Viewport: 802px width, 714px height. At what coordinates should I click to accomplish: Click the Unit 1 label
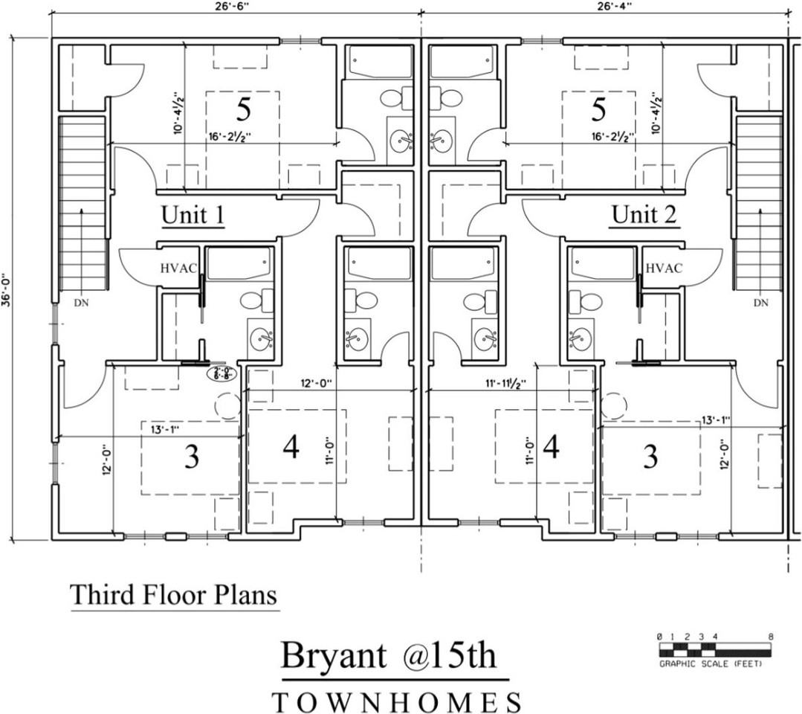click(193, 215)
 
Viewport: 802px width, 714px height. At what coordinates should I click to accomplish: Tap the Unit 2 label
click(644, 215)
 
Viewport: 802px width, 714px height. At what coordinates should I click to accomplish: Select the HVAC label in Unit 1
click(178, 268)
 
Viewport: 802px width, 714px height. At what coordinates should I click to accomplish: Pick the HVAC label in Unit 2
click(664, 268)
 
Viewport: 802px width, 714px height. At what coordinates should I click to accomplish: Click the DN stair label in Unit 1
click(82, 303)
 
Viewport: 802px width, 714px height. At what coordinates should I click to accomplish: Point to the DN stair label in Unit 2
click(760, 303)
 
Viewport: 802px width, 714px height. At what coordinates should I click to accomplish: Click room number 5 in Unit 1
click(244, 110)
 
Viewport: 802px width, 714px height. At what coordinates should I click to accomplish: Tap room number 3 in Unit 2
click(650, 456)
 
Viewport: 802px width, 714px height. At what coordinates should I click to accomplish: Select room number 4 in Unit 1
click(291, 448)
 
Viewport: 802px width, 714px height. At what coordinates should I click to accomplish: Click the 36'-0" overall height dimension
click(7, 289)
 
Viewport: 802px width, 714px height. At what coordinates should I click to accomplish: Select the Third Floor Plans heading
click(174, 595)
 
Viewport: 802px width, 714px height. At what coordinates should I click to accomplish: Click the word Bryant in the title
click(333, 656)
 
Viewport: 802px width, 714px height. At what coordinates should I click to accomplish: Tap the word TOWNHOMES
click(397, 702)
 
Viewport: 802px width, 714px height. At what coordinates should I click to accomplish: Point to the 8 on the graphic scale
click(771, 637)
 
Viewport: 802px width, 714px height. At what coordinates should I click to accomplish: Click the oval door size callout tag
click(221, 373)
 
